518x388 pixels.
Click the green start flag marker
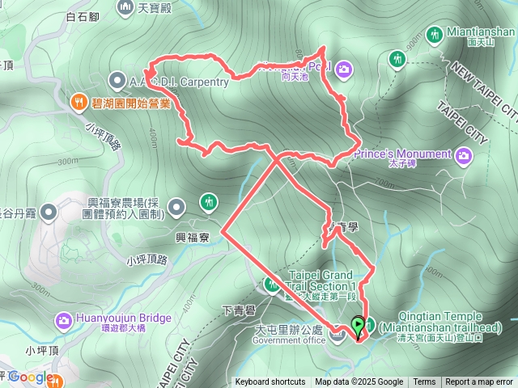[x=358, y=325]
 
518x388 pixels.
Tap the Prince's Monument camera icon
[x=463, y=154]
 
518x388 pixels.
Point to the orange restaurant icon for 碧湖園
[x=78, y=103]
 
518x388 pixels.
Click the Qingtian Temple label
[x=441, y=317]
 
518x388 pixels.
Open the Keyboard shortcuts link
[x=270, y=382]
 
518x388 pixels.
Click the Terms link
[x=424, y=382]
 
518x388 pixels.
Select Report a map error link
[x=479, y=382]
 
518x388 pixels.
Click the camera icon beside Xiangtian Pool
[x=343, y=69]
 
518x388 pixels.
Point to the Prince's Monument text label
[x=403, y=154]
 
